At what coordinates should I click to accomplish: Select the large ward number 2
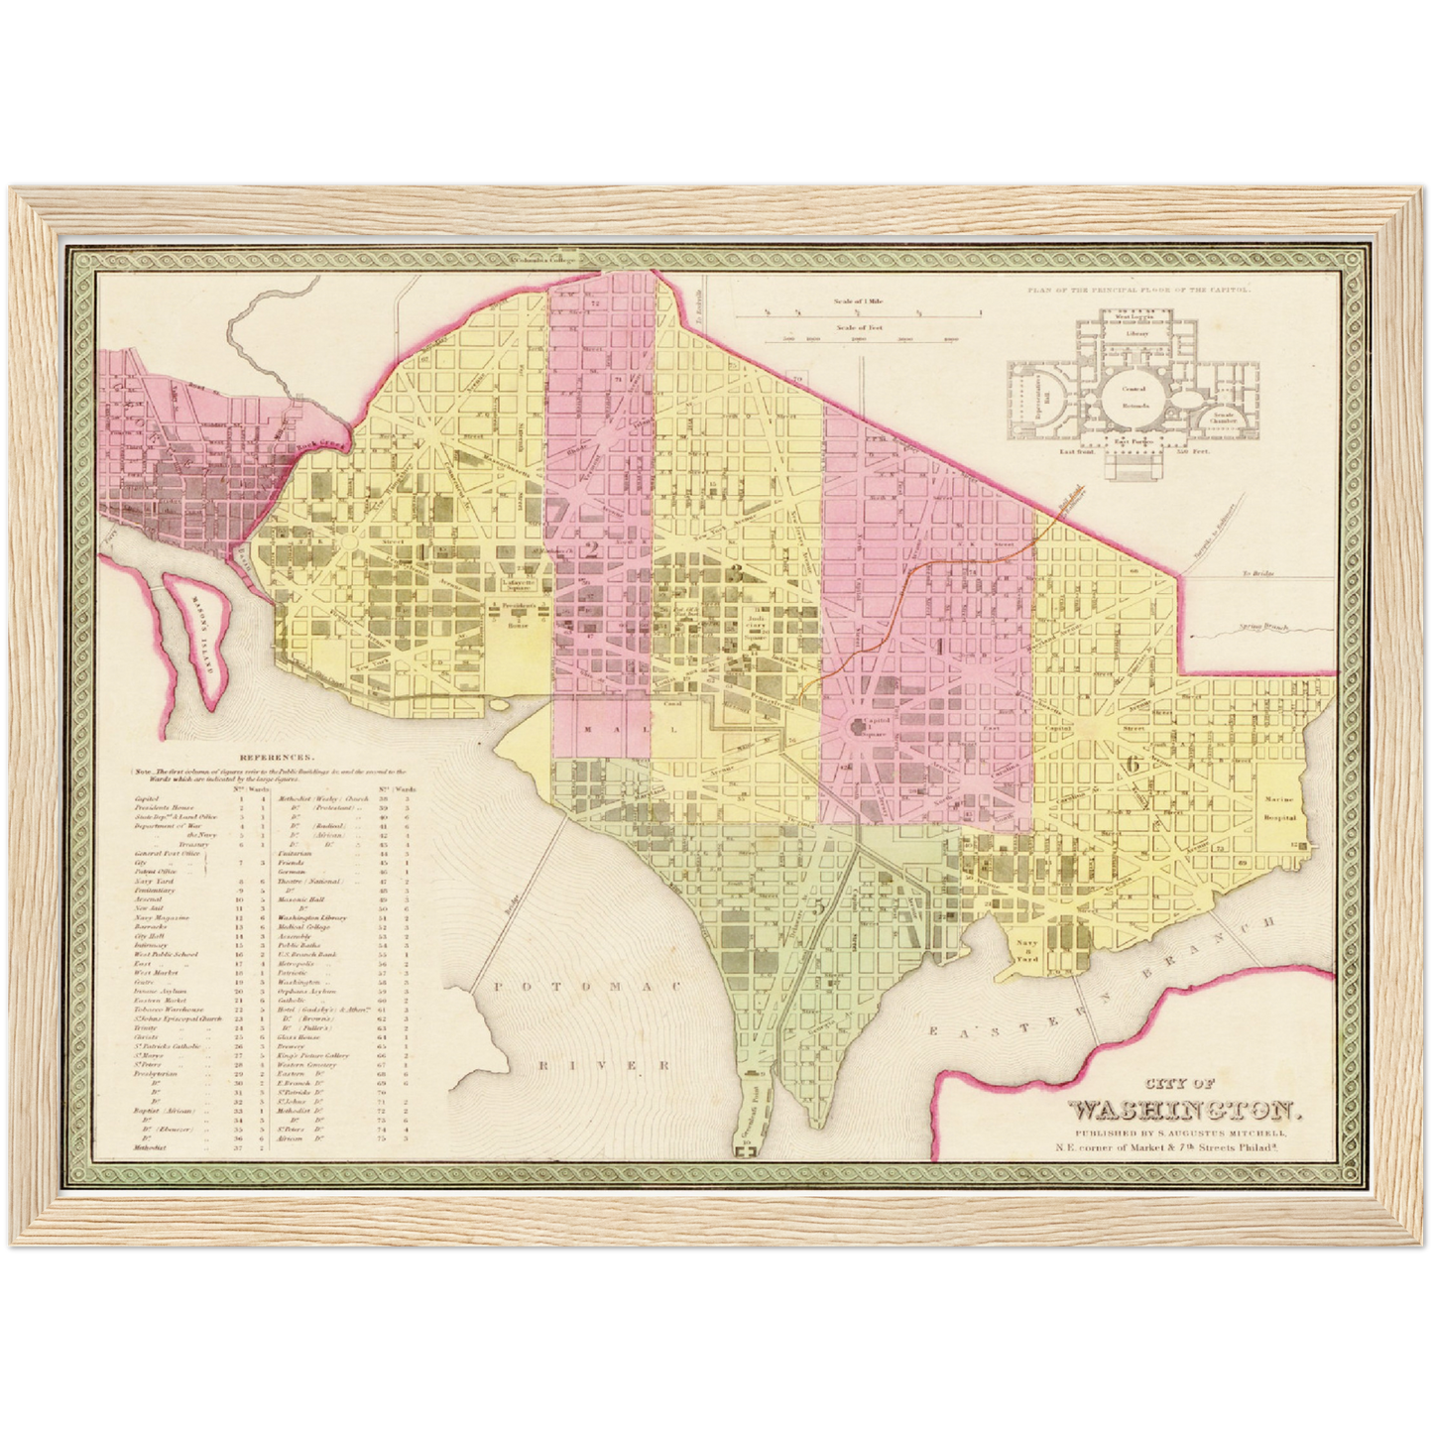point(592,551)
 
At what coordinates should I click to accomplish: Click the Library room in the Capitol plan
point(1137,335)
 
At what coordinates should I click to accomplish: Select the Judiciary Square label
point(759,618)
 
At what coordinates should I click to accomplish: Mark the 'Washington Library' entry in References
point(311,917)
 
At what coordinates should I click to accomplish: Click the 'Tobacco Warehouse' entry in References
point(166,1009)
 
